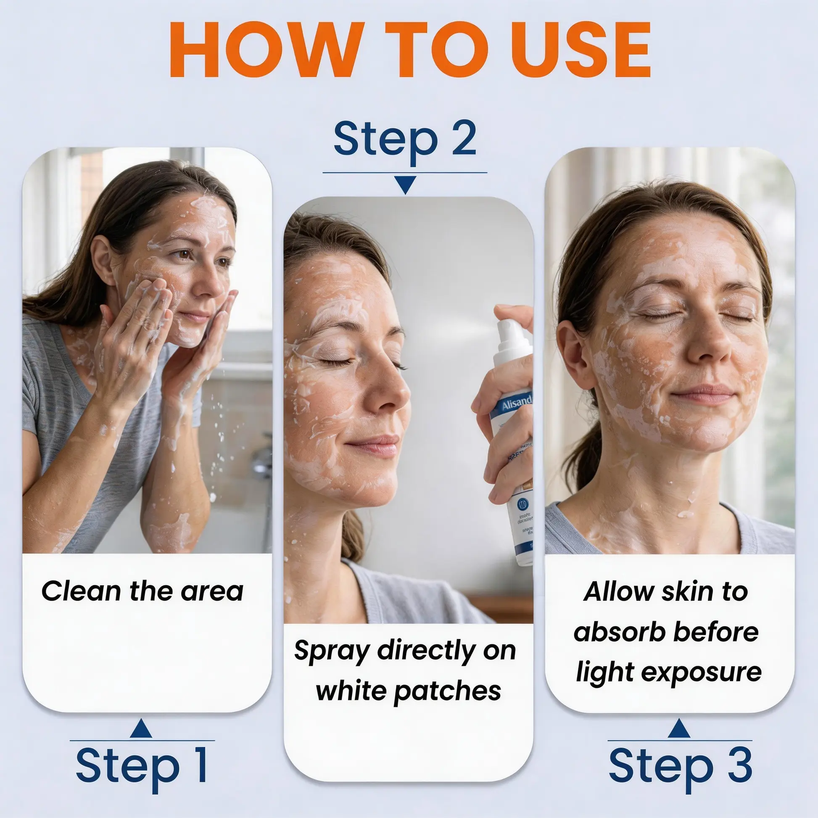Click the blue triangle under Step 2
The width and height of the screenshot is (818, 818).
coord(405,185)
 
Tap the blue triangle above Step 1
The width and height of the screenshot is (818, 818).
coord(141,729)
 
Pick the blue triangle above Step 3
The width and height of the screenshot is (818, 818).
coord(679,729)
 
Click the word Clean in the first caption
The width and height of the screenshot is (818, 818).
coord(81,591)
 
